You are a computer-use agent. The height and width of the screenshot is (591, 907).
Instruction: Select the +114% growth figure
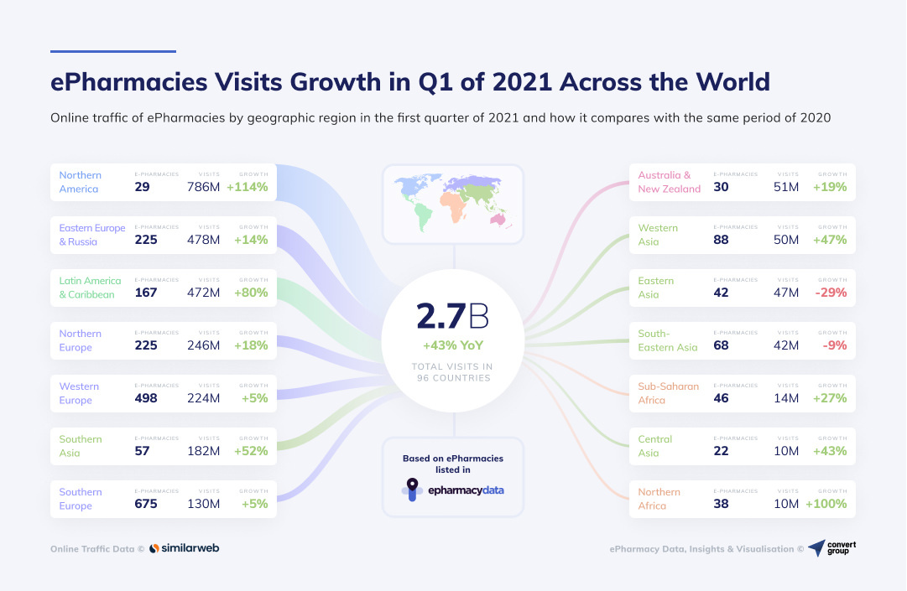tap(247, 187)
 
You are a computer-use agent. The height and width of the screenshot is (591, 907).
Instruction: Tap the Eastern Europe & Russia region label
tap(91, 235)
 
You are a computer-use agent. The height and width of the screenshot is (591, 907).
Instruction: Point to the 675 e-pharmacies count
tap(146, 504)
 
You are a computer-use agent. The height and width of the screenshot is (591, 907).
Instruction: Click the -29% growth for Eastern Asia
tap(830, 293)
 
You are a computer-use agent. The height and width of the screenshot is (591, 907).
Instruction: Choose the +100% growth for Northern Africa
tap(826, 504)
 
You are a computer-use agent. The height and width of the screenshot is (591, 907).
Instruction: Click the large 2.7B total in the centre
tap(452, 317)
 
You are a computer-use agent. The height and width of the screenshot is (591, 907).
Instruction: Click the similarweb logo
tap(185, 548)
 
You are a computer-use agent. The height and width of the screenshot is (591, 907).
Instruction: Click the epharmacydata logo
tap(453, 490)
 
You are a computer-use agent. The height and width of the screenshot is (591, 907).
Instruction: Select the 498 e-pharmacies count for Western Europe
tap(146, 398)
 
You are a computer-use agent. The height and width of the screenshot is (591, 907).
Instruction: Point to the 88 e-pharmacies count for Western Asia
tap(721, 240)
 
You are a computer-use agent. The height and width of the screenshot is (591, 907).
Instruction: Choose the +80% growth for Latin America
tap(249, 293)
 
